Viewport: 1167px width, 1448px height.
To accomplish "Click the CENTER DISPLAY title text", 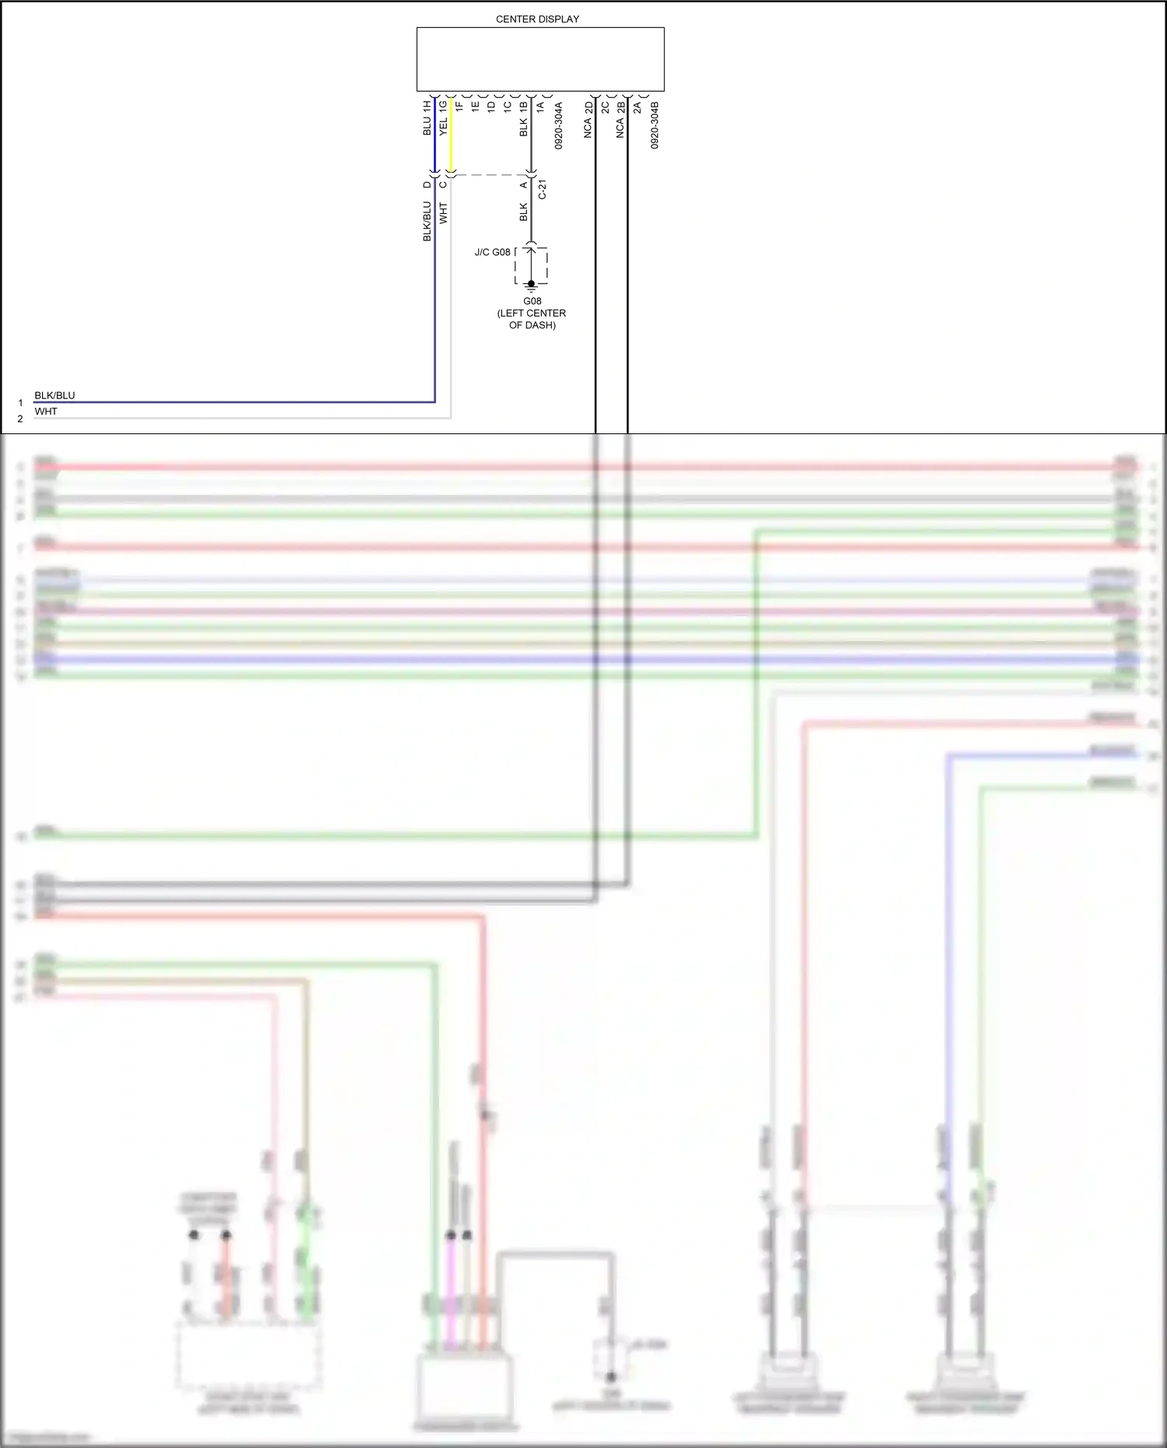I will pos(537,19).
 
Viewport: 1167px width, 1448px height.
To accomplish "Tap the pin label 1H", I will pos(427,106).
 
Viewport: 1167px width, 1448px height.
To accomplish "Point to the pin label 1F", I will pos(459,106).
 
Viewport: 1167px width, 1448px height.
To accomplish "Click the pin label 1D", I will pos(491,106).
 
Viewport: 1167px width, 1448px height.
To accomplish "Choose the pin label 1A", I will pos(540,106).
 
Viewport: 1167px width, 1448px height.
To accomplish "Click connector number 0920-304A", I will pos(558,125).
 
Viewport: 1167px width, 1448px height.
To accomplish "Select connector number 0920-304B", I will pos(655,125).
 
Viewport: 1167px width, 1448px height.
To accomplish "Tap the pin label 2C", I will pos(605,106).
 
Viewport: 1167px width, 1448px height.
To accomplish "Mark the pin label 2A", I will pos(637,106).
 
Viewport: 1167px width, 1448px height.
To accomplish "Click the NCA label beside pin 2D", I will pos(589,128).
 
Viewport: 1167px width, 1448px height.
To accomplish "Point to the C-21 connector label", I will pos(543,190).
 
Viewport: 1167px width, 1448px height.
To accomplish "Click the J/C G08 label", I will pos(492,252).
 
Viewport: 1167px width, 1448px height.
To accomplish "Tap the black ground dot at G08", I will pos(532,284).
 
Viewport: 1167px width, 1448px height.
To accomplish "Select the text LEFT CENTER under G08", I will pos(532,313).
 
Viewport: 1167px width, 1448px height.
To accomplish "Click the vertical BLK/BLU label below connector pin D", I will pos(427,221).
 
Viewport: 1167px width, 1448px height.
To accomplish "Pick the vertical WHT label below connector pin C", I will pos(443,213).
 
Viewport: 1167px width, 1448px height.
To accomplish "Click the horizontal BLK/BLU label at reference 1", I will pos(54,395).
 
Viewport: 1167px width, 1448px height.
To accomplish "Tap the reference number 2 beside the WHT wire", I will pos(20,419).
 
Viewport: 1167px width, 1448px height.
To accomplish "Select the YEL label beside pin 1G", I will pos(443,128).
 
